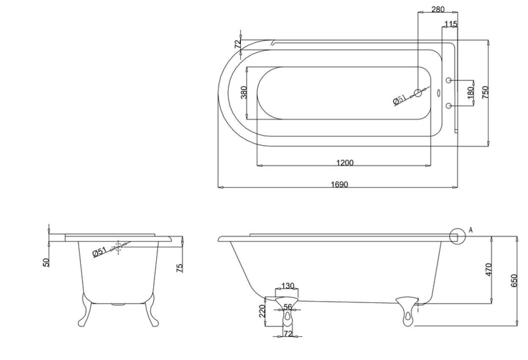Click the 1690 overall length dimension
(x=339, y=184)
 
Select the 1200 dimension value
(x=345, y=162)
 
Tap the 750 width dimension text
(x=485, y=92)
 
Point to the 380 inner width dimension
(x=244, y=92)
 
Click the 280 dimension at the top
(x=437, y=9)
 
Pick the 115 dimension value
(x=451, y=24)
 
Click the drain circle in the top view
(x=418, y=93)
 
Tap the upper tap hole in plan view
(x=449, y=80)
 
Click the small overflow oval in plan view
(x=438, y=93)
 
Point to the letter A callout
(x=471, y=230)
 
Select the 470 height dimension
(x=488, y=270)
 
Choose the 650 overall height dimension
(x=514, y=281)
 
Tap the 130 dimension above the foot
(x=287, y=286)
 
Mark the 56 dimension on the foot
(x=288, y=307)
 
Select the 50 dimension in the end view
(x=46, y=263)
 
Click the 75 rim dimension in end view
(x=180, y=267)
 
